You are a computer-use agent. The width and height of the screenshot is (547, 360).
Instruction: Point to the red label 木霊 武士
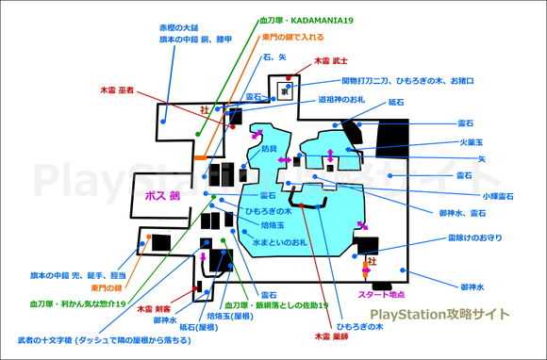(331, 59)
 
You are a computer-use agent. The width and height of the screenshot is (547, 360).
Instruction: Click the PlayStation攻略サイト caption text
(439, 314)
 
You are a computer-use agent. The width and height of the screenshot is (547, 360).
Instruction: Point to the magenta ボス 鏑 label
(162, 197)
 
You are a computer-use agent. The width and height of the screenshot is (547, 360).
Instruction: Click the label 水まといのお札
(280, 242)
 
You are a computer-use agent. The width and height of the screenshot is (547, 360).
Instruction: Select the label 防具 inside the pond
(270, 149)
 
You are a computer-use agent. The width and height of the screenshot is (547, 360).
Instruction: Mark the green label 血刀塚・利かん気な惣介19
(79, 304)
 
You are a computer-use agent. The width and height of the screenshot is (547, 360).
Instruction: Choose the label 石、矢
(274, 57)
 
